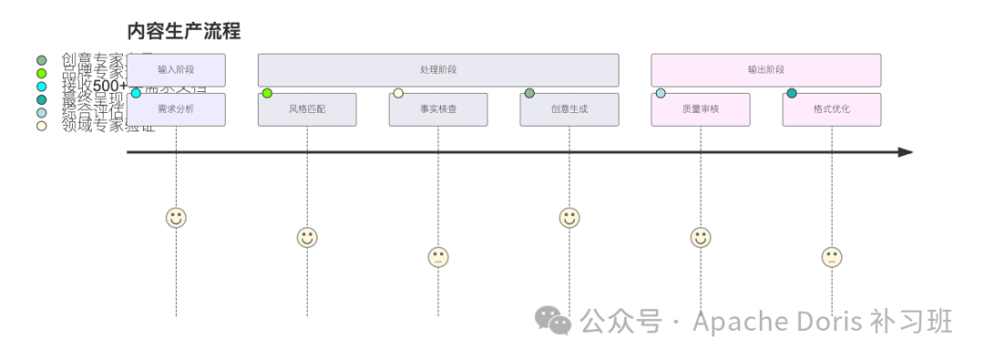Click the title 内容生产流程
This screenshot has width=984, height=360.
pyautogui.click(x=184, y=31)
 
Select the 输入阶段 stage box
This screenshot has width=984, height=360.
pyautogui.click(x=176, y=70)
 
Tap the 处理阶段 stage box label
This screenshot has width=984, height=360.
pyautogui.click(x=438, y=70)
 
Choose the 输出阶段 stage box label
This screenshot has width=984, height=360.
pyautogui.click(x=766, y=70)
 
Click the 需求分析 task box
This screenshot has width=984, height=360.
pyautogui.click(x=176, y=109)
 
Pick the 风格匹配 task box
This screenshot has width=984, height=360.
pyautogui.click(x=307, y=109)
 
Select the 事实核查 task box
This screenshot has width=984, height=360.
pyautogui.click(x=438, y=109)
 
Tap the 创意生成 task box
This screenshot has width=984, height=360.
pyautogui.click(x=569, y=109)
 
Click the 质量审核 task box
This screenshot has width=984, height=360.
pyautogui.click(x=701, y=109)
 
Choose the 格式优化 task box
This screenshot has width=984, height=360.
pyautogui.click(x=832, y=109)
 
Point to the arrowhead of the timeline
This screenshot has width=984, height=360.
pyautogui.click(x=906, y=152)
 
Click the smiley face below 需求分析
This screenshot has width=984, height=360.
pyautogui.click(x=176, y=218)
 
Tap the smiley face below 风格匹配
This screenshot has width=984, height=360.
pyautogui.click(x=307, y=238)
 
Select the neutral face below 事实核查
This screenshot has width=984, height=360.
pyautogui.click(x=438, y=257)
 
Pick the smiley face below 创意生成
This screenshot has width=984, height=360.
pyautogui.click(x=569, y=218)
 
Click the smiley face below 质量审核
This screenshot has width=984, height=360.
pyautogui.click(x=701, y=238)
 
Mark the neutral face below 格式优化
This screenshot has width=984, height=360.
pyautogui.click(x=832, y=257)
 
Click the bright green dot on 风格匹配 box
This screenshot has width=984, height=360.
pyautogui.click(x=267, y=93)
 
